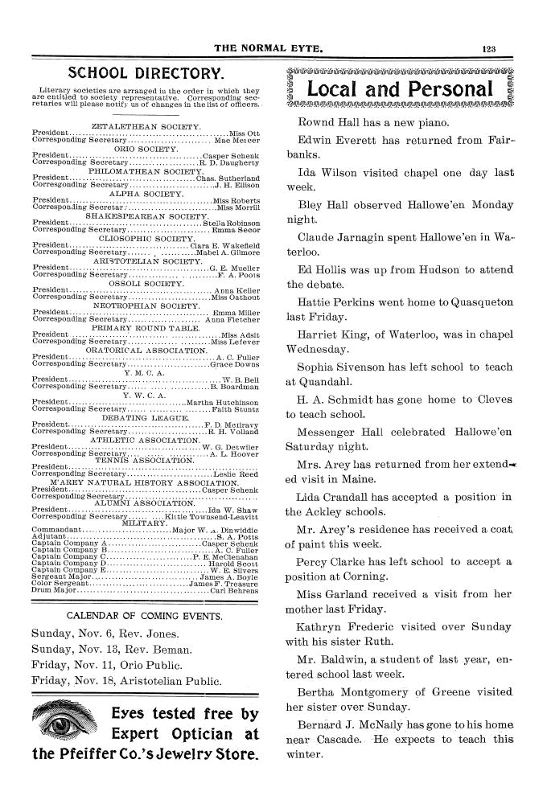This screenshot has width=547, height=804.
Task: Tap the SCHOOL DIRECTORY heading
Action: pyautogui.click(x=144, y=72)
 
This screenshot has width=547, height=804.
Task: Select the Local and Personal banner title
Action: pyautogui.click(x=401, y=88)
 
